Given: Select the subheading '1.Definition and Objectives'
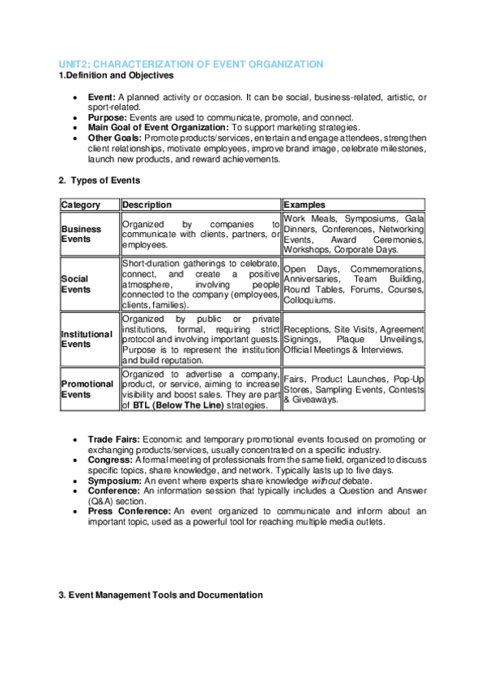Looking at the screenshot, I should click(x=116, y=75).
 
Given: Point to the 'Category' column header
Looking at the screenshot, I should click(x=81, y=205).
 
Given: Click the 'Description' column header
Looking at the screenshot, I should click(x=147, y=205).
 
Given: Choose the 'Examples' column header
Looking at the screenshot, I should click(x=304, y=205).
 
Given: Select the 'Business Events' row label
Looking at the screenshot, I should click(x=82, y=234).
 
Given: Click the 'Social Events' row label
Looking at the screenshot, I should click(x=76, y=284).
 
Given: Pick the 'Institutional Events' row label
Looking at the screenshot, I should click(x=87, y=338).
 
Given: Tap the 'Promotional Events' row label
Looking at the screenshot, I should click(x=86, y=389).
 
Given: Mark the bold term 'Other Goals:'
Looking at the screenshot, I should click(x=115, y=138).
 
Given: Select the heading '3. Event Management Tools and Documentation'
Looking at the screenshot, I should click(x=160, y=595).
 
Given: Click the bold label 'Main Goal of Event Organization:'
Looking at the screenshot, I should click(x=159, y=127).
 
